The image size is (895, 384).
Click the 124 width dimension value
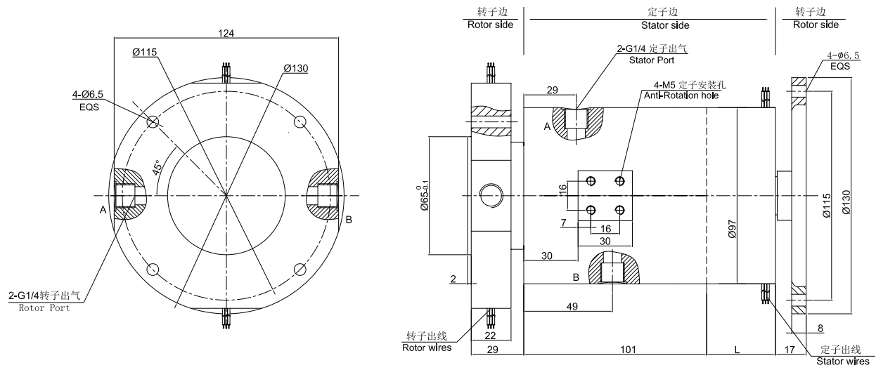[x=226, y=33]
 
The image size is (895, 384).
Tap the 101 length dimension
[x=617, y=349]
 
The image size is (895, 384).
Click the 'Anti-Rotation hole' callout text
[x=681, y=95]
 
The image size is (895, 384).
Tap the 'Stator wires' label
[x=842, y=362]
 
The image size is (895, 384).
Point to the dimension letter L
[x=736, y=349]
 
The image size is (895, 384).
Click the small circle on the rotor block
[x=490, y=194]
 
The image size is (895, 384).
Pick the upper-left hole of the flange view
[x=153, y=122]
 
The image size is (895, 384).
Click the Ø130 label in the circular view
[x=296, y=69]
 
